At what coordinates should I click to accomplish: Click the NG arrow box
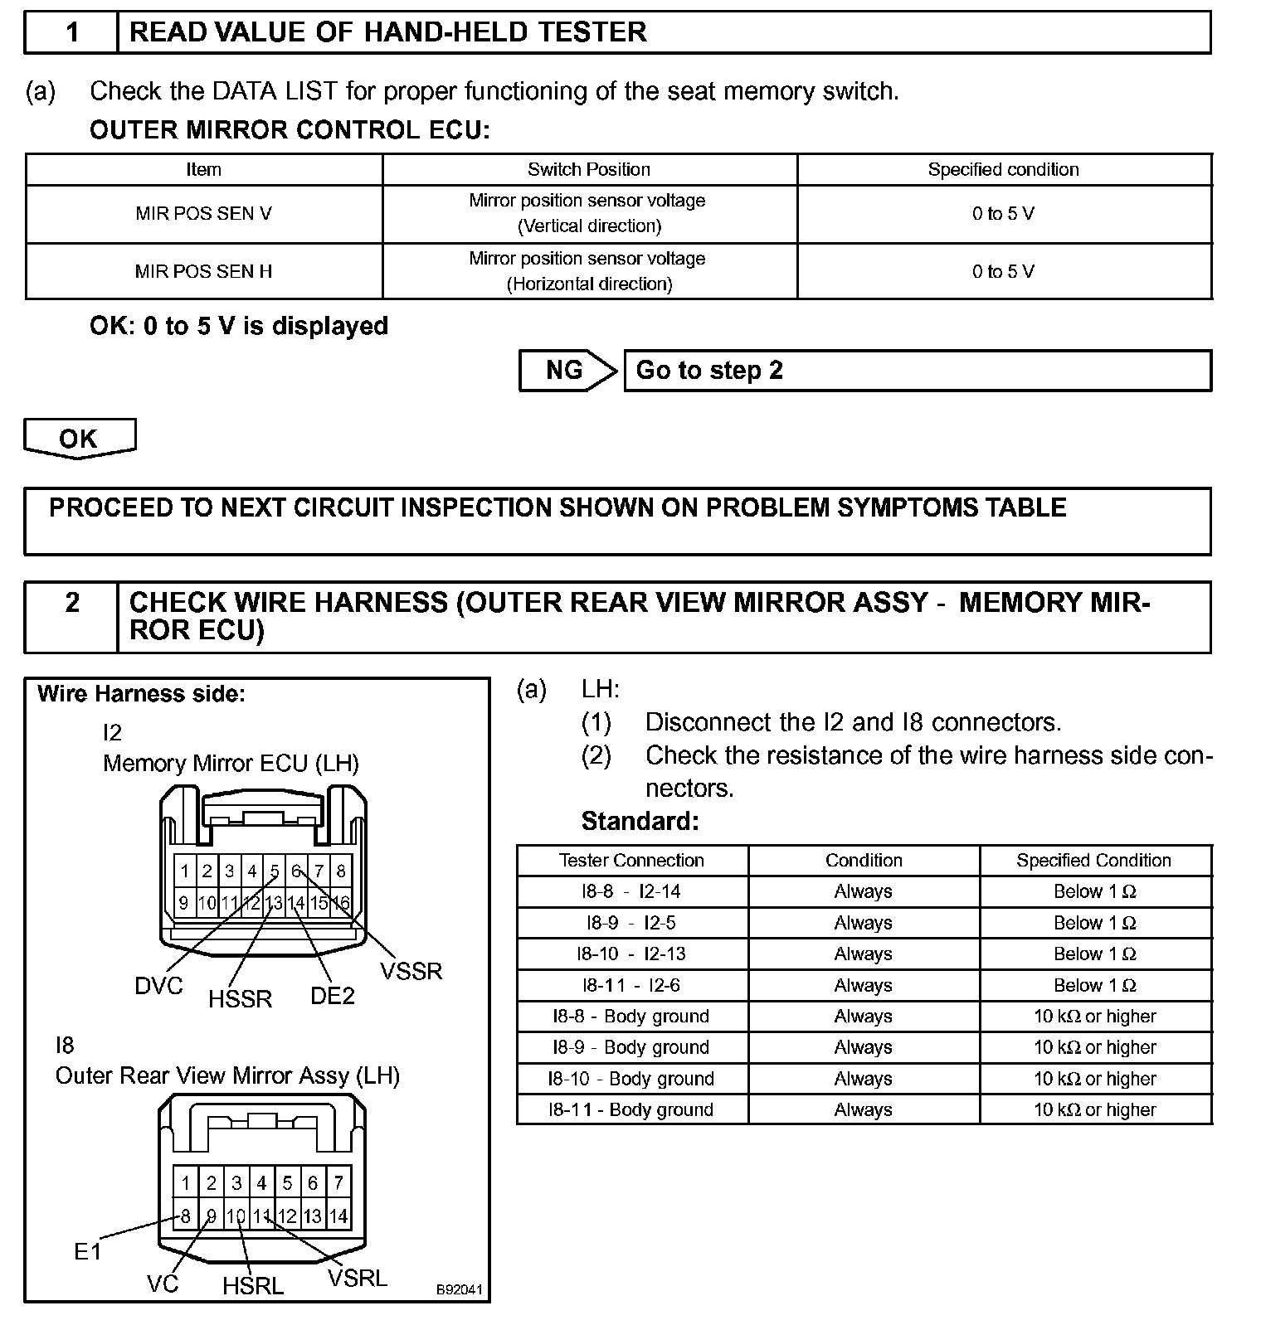[x=567, y=370]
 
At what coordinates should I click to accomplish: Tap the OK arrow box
[x=79, y=438]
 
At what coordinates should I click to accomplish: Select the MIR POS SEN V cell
[x=203, y=214]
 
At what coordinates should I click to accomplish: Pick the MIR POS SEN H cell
[x=203, y=271]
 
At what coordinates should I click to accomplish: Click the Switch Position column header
[x=589, y=169]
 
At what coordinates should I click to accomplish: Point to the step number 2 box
[x=72, y=603]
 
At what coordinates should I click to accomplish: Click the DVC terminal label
[x=158, y=986]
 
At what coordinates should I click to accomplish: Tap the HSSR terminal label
[x=240, y=999]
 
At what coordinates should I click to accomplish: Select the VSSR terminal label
[x=411, y=971]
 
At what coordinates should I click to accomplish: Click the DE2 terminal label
[x=333, y=995]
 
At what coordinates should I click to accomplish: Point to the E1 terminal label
[x=87, y=1251]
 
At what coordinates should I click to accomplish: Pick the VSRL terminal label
[x=358, y=1278]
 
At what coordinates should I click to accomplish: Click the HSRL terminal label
[x=253, y=1286]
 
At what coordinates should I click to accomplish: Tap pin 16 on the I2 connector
[x=341, y=903]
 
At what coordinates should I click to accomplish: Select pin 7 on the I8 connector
[x=338, y=1183]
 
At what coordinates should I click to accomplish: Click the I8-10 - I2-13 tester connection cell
[x=632, y=954]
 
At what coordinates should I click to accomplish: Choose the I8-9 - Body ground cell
[x=632, y=1047]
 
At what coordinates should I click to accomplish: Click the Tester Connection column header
[x=632, y=861]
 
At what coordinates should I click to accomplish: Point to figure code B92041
[x=459, y=1290]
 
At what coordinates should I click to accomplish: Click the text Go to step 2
[x=709, y=370]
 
